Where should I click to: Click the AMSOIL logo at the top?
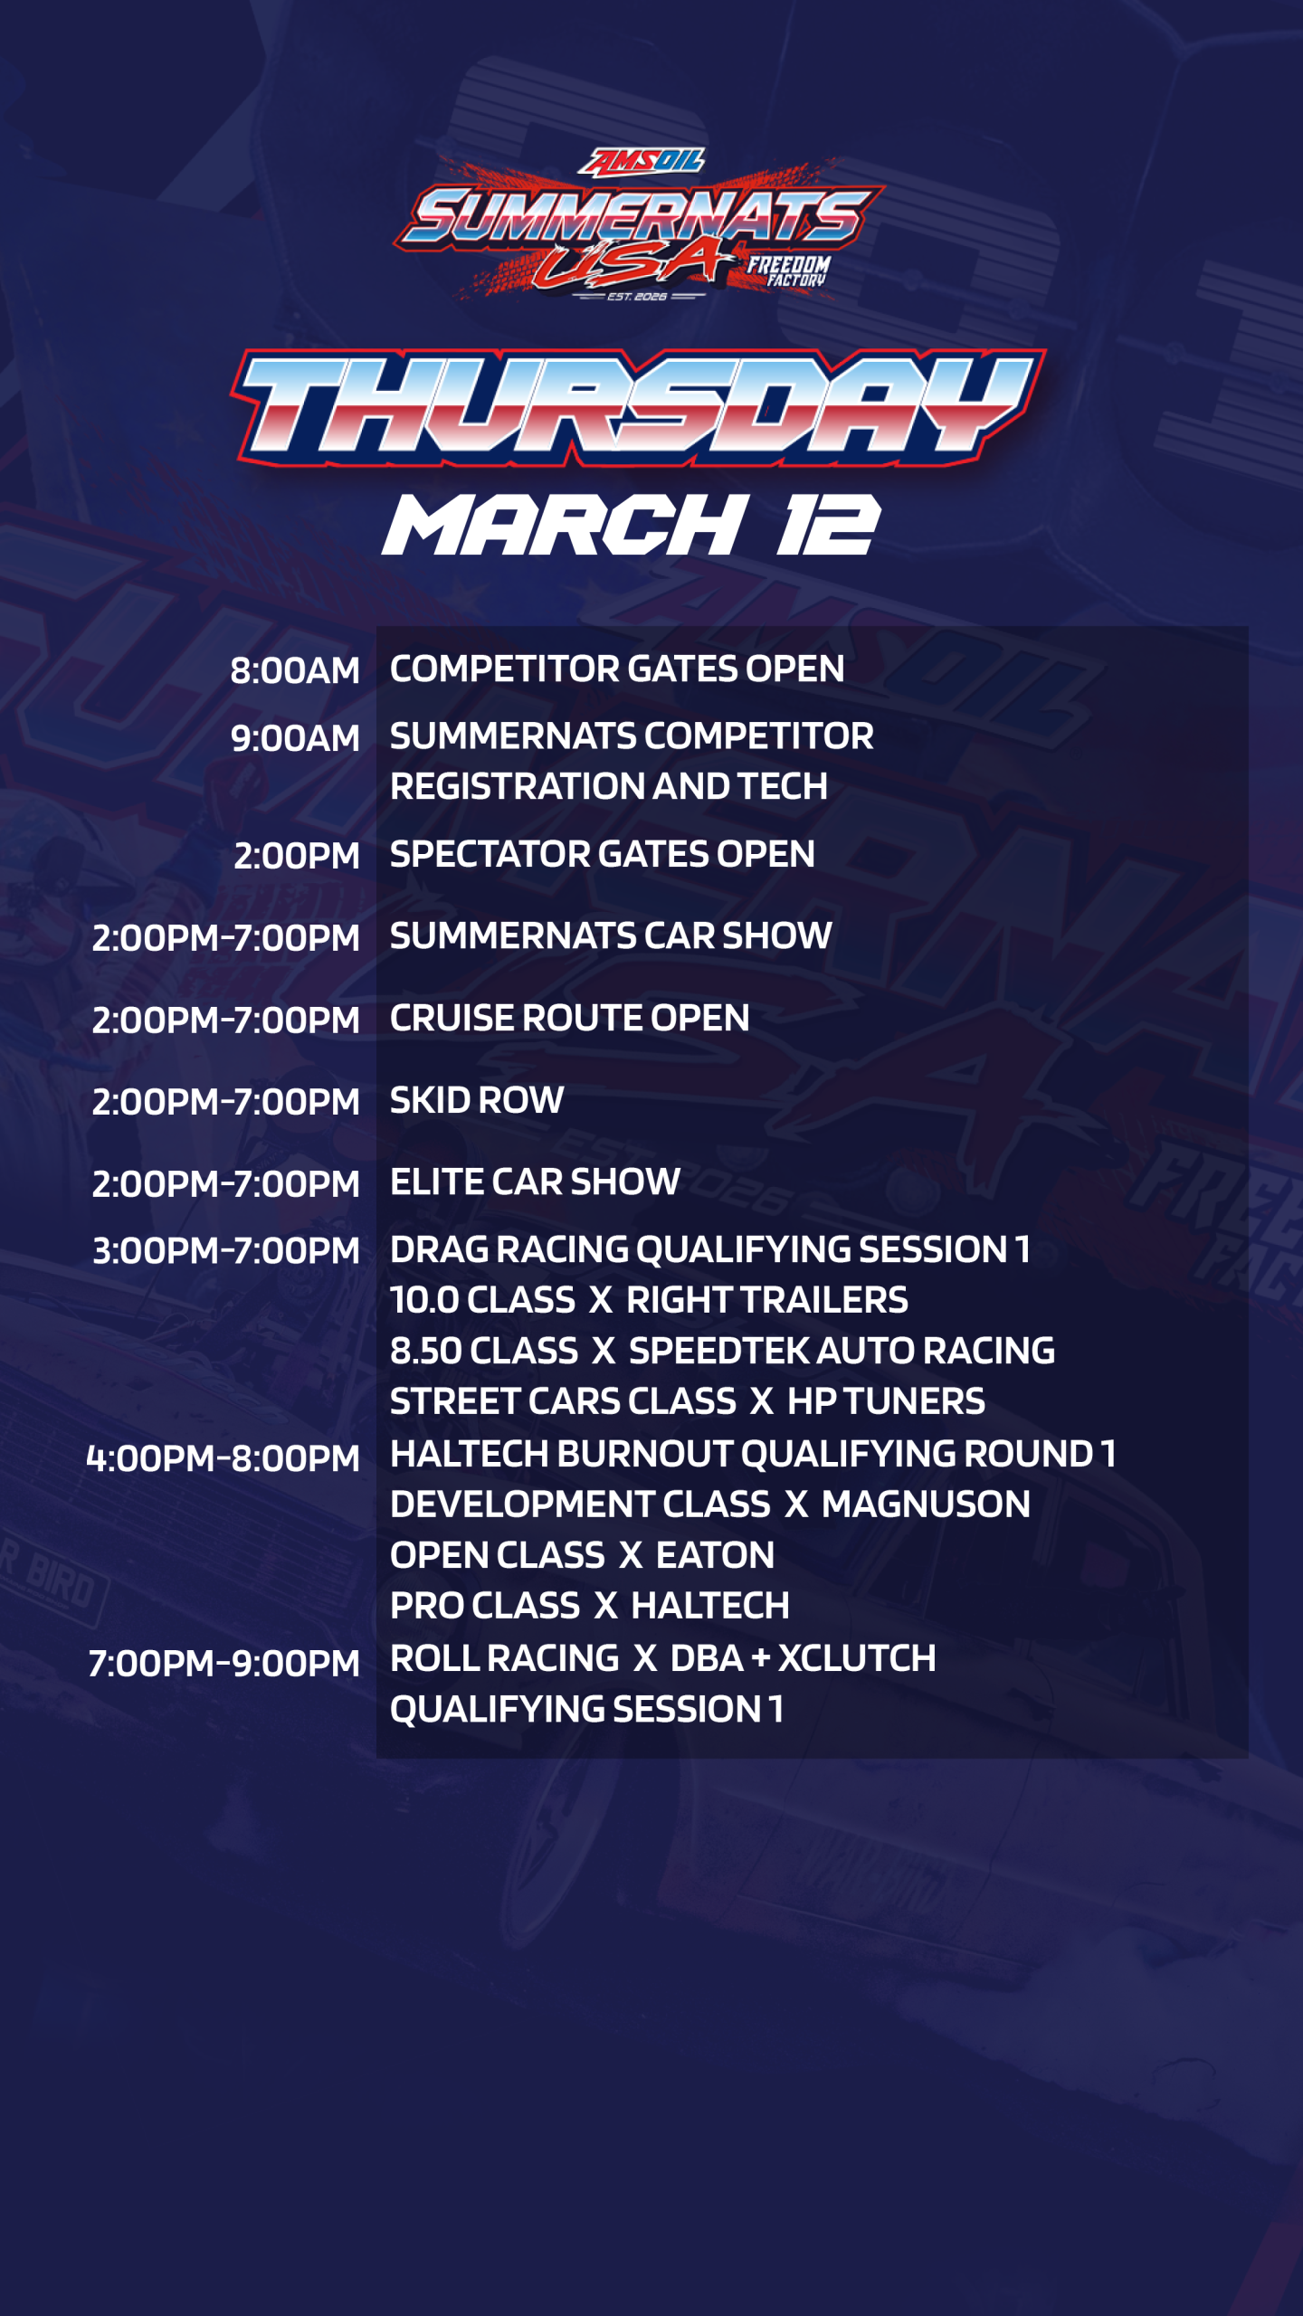click(642, 161)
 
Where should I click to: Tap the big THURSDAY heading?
click(638, 407)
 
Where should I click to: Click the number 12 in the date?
click(827, 525)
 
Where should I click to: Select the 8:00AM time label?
click(295, 670)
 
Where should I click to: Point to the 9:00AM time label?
click(295, 738)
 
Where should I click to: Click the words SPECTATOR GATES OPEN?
click(602, 854)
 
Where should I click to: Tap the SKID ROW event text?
click(477, 1100)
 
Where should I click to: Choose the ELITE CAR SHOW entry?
click(535, 1182)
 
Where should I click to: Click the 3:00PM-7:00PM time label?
click(226, 1250)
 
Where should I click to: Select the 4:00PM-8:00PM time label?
click(223, 1458)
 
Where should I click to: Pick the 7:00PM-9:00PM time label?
click(224, 1663)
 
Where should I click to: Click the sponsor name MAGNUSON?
click(926, 1504)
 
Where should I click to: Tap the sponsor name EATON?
click(715, 1555)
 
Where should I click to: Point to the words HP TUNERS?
click(886, 1401)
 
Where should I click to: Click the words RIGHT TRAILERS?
click(766, 1300)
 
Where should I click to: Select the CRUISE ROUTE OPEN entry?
click(569, 1018)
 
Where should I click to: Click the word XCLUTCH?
click(857, 1658)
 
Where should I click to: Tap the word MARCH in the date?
click(566, 525)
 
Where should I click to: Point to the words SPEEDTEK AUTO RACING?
click(842, 1351)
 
